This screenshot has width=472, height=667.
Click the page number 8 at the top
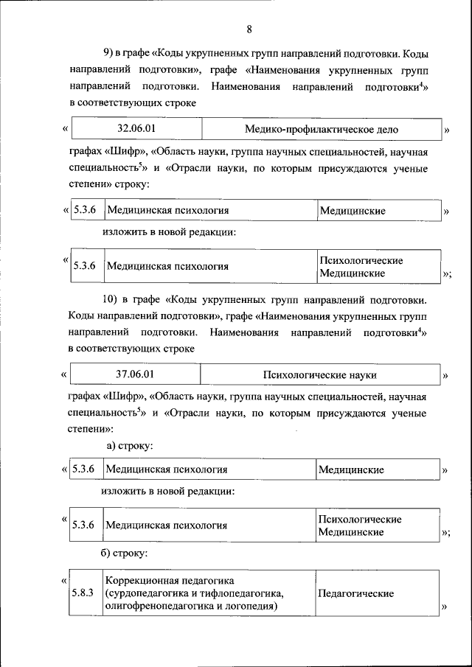[x=249, y=29]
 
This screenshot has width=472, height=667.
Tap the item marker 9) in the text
[x=107, y=55]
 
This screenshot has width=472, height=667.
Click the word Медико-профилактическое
[x=309, y=130]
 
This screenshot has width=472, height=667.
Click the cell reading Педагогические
[x=355, y=593]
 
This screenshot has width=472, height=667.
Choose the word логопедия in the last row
[x=251, y=606]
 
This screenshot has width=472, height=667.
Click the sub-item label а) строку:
[x=130, y=446]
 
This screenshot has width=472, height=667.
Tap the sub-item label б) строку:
[x=130, y=552]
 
